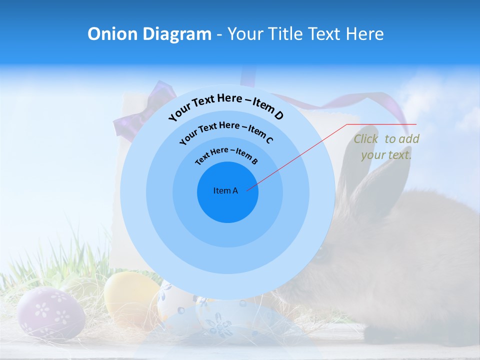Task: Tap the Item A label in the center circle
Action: coord(225,190)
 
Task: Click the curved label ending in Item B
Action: coord(226,155)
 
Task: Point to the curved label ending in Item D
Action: coord(226,106)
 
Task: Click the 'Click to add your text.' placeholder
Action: coord(386,147)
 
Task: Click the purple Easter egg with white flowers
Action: coord(50,313)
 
